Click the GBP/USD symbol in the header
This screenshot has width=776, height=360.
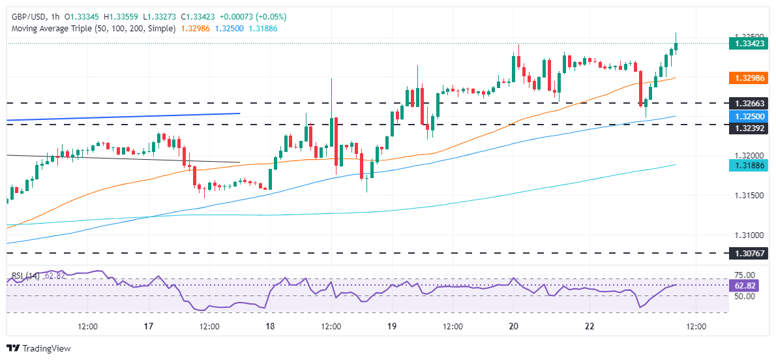click(24, 16)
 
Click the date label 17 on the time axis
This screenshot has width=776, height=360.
click(148, 326)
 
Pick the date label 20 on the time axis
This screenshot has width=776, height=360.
click(513, 326)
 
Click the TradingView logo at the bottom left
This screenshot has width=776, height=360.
click(38, 348)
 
